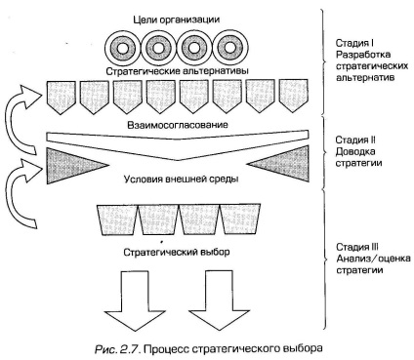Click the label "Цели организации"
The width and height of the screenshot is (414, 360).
click(177, 20)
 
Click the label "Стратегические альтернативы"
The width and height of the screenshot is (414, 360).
click(178, 71)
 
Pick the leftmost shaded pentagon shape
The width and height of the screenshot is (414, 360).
click(62, 96)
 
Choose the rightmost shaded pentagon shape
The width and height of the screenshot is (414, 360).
click(294, 96)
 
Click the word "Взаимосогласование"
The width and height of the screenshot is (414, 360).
click(178, 125)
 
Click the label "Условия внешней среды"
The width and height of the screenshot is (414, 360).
click(181, 180)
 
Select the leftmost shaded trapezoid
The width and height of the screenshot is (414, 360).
click(118, 220)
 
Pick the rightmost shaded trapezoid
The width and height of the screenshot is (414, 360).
click(240, 219)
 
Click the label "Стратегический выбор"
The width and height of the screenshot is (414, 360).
click(177, 252)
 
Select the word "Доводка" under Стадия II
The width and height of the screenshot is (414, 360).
click(351, 151)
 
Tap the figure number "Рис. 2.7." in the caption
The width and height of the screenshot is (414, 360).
click(117, 349)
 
